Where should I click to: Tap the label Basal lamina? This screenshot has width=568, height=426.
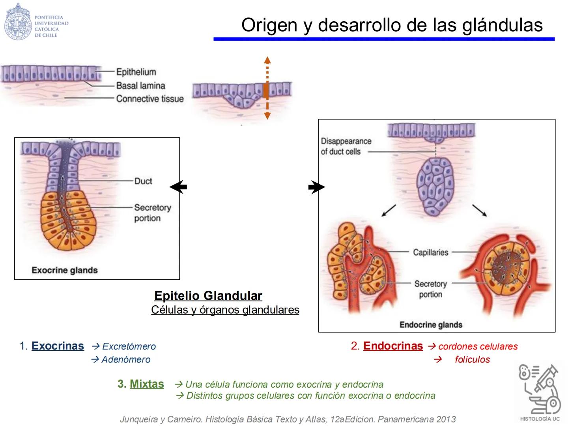point(140,86)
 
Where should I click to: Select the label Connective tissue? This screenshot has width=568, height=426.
point(150,99)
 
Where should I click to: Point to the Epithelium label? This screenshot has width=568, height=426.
point(136,72)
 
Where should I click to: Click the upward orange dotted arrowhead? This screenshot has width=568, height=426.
point(267,60)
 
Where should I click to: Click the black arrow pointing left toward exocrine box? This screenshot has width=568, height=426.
point(178,187)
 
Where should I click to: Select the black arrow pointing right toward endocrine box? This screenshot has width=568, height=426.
point(316,187)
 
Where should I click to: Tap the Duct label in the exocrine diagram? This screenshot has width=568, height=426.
point(143,181)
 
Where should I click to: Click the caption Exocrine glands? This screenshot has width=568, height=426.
point(65,270)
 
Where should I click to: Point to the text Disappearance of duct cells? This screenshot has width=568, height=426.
point(346,146)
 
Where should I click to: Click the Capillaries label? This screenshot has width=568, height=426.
point(430,252)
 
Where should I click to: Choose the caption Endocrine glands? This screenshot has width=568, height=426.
point(431,325)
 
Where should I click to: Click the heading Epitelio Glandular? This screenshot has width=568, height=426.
point(208,295)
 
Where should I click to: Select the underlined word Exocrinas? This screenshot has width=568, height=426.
point(58,346)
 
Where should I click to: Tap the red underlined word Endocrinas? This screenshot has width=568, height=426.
point(393,346)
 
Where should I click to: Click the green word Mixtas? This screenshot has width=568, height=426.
point(147,384)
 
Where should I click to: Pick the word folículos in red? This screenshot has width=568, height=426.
point(472,359)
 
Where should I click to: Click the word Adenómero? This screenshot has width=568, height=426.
point(126,359)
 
